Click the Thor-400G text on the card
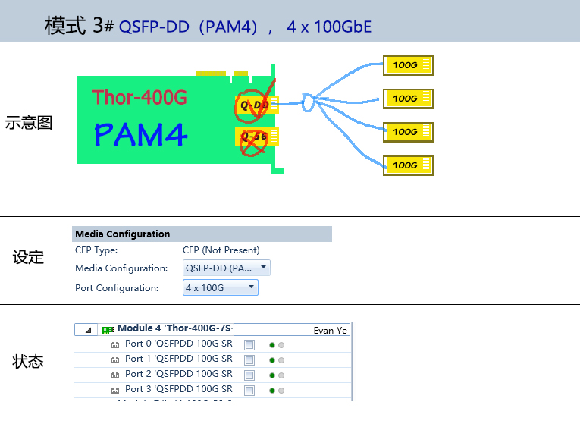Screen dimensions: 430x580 point(140,97)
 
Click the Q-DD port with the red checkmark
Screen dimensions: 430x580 point(256,105)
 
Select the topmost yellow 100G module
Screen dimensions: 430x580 point(408,65)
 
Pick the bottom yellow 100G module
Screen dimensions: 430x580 point(408,165)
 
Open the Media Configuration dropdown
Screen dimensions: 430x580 point(227,268)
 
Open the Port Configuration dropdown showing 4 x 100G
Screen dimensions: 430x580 point(221,287)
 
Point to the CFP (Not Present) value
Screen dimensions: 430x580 point(221,250)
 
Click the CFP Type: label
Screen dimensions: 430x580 point(96,250)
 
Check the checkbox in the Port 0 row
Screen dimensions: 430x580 point(249,345)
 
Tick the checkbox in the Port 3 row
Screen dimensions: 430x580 point(249,391)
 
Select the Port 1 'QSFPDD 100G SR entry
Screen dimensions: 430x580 point(178,359)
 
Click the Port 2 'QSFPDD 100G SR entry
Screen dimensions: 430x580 point(178,374)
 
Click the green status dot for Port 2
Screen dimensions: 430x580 point(272,375)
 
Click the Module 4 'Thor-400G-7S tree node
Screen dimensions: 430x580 point(174,329)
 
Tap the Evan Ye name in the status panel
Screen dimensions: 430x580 point(330,331)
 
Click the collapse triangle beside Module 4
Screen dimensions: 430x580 point(88,330)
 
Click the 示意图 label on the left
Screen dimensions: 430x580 point(29,123)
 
